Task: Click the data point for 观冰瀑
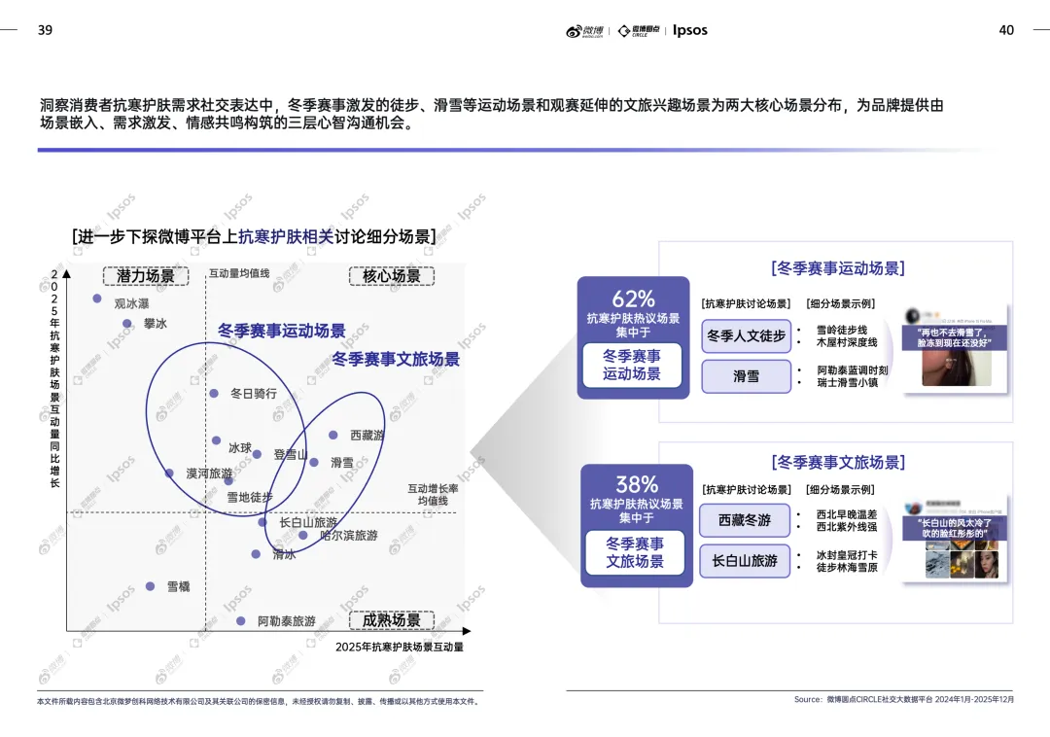97,298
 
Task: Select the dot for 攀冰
126,324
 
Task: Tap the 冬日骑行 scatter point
214,394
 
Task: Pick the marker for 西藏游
332,435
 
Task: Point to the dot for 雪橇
150,586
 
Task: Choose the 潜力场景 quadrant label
146,276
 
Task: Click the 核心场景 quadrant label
392,276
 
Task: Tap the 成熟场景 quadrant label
392,620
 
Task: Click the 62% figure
633,299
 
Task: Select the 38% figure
637,484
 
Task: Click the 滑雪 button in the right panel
746,376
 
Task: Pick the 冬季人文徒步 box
746,335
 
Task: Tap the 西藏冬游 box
745,520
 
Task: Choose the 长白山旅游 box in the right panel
745,561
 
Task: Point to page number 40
1006,30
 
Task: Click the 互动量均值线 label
239,273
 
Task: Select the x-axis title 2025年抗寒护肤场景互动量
400,647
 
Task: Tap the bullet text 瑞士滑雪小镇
847,383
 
